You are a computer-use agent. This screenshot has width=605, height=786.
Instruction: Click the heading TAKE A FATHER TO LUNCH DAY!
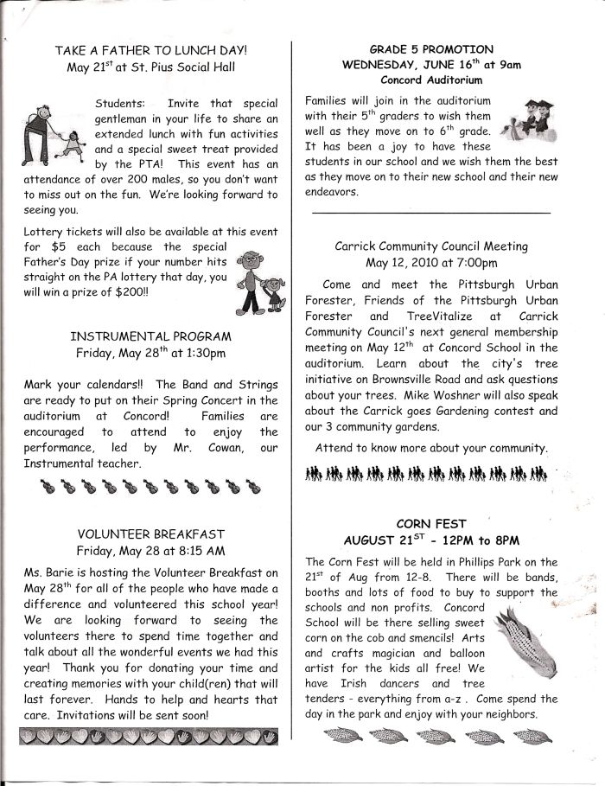click(x=150, y=51)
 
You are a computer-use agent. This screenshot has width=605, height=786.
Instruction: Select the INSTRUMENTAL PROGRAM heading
click(x=150, y=336)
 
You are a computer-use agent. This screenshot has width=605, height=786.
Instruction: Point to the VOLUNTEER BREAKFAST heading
click(x=150, y=534)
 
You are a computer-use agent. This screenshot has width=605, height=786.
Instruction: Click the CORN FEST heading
click(x=431, y=523)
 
